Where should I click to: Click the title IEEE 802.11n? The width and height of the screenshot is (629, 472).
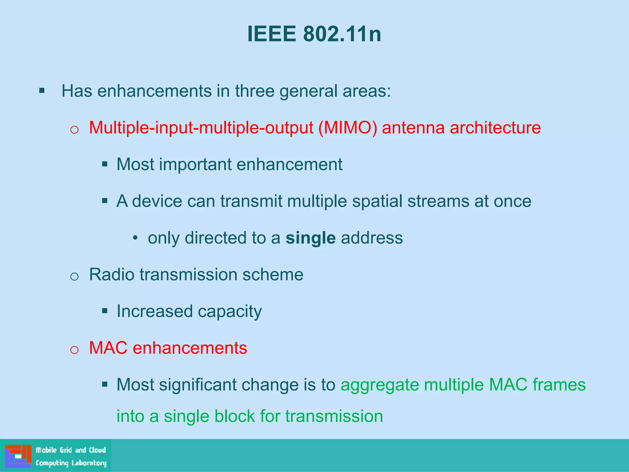(314, 34)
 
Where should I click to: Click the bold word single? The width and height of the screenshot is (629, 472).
(311, 238)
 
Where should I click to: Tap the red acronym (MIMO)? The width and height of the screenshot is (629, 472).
(348, 128)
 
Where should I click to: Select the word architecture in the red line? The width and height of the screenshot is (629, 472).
(495, 128)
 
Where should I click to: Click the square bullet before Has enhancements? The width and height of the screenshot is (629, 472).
(42, 91)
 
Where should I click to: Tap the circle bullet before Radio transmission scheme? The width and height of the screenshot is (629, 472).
(74, 277)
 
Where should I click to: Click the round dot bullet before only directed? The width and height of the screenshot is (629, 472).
(135, 238)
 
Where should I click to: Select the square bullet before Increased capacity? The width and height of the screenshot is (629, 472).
(105, 311)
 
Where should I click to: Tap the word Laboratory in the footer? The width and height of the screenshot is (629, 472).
(89, 463)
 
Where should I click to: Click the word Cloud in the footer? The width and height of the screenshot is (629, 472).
(97, 450)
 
